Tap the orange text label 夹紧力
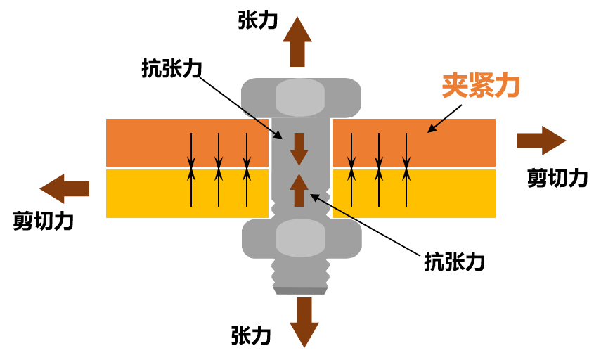click(481, 86)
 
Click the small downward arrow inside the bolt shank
click(299, 148)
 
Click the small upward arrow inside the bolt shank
click(299, 190)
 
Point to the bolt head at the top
click(301, 97)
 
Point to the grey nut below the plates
click(302, 238)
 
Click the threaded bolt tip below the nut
click(300, 276)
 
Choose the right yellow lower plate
click(450, 193)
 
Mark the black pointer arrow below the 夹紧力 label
click(437, 125)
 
